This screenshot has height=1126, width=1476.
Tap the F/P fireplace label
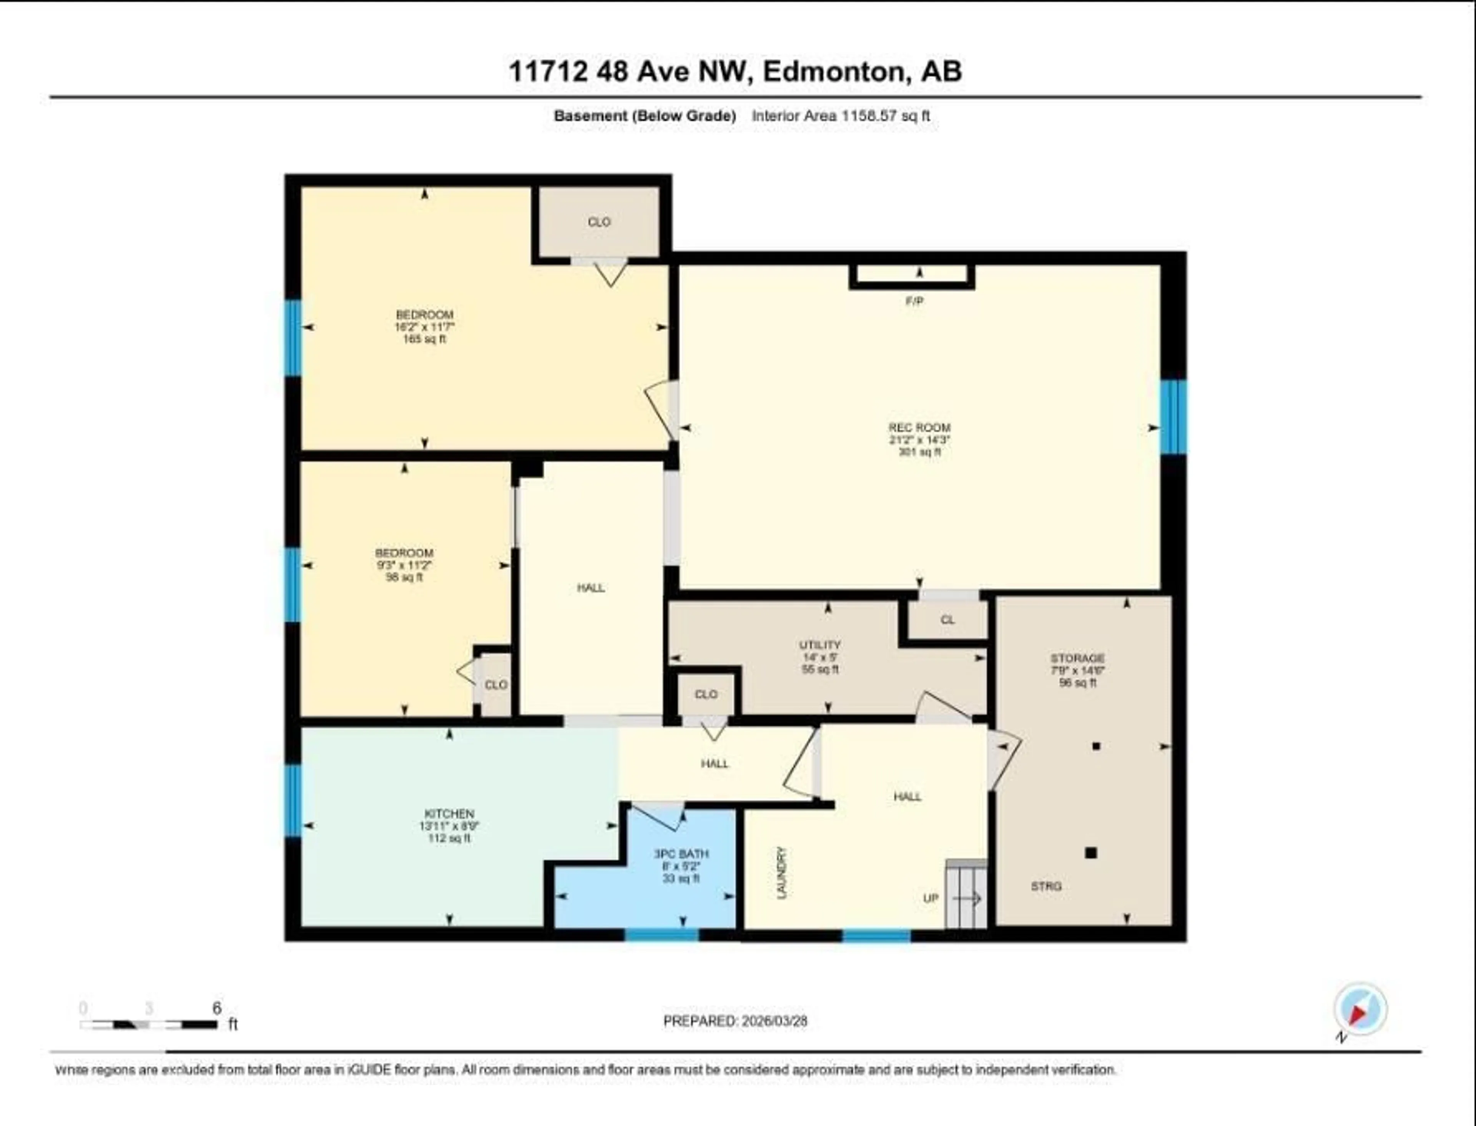(914, 301)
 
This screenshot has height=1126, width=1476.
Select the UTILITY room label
(819, 645)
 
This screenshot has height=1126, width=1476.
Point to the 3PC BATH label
(681, 854)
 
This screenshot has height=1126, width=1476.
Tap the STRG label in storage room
(1046, 886)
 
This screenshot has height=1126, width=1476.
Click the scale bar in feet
(149, 1024)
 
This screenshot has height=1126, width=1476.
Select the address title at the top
(735, 72)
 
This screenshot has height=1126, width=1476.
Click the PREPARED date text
(735, 1021)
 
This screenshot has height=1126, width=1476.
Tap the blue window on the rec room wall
(1173, 417)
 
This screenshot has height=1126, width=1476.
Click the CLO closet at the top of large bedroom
(599, 222)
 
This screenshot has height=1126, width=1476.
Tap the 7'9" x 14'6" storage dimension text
(1077, 670)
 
